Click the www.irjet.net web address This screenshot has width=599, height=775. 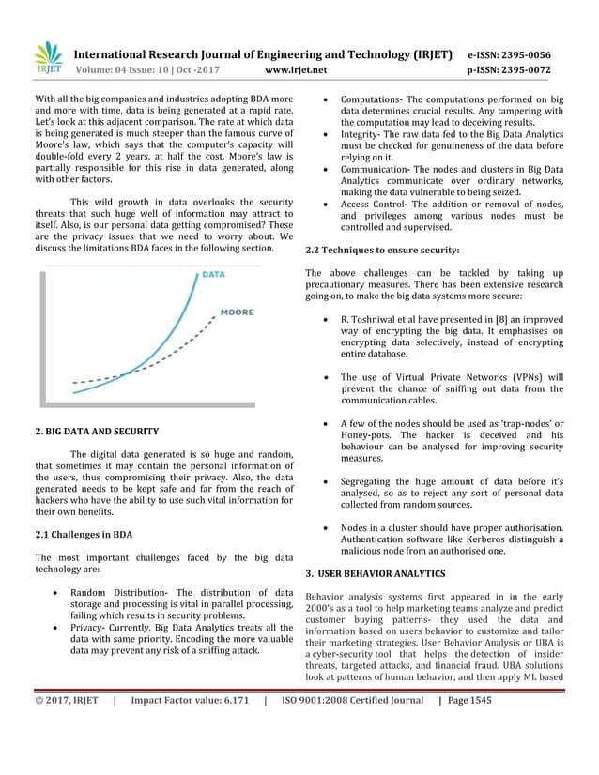[x=297, y=69]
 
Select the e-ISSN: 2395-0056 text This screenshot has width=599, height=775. [x=522, y=54]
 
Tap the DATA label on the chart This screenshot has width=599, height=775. [x=212, y=276]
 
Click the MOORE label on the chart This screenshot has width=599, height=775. [x=237, y=312]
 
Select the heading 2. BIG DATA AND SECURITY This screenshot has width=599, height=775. [x=97, y=432]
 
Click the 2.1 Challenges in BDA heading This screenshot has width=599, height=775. [x=84, y=535]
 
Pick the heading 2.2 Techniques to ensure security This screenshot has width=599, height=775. [x=383, y=251]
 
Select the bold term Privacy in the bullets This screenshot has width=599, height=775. [x=90, y=627]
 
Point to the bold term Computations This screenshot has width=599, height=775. [x=371, y=99]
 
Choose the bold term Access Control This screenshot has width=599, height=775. [x=373, y=204]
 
